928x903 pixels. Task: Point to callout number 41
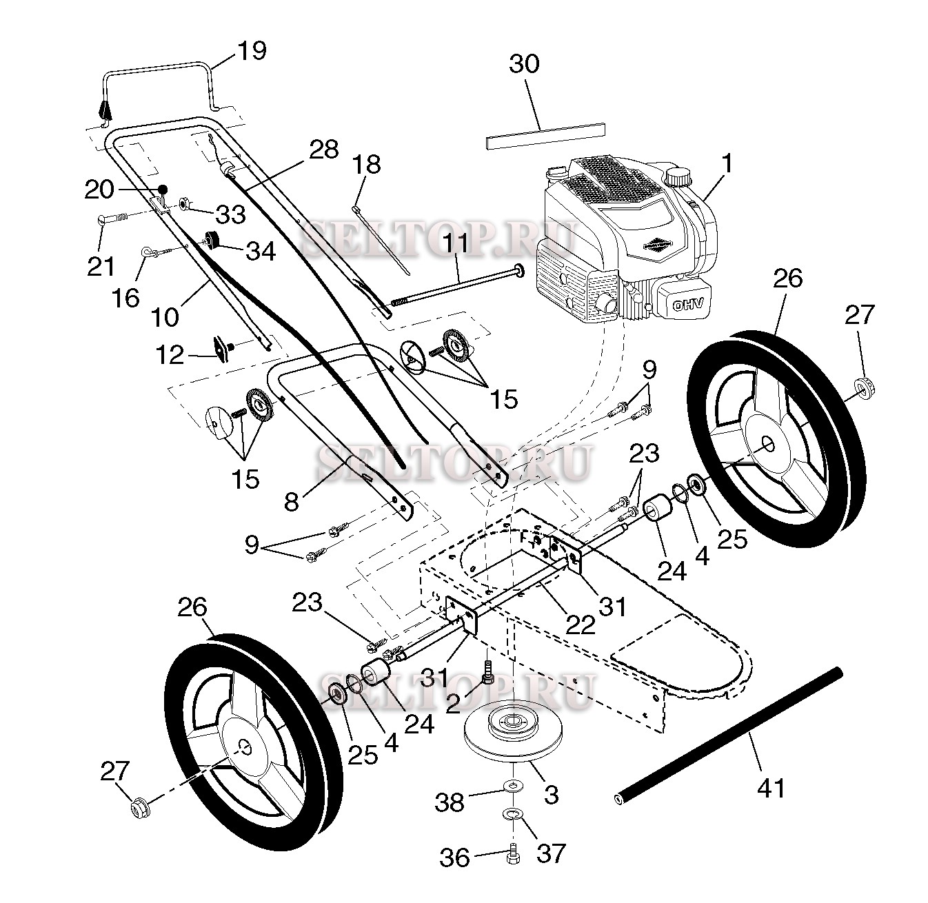tap(770, 787)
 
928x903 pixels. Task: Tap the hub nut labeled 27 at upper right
tap(863, 387)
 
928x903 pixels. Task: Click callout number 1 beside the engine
tap(727, 163)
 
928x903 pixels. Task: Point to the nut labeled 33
tap(185, 203)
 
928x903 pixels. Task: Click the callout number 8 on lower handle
tap(292, 501)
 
